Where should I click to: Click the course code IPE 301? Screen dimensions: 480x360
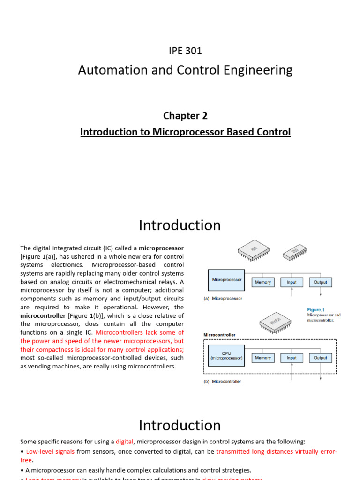(185, 51)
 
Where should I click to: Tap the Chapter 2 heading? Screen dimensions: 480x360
(185, 115)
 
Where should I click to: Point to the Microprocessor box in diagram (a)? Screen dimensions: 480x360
(227, 282)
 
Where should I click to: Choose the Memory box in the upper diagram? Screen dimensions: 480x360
(263, 282)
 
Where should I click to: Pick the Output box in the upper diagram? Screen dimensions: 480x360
(321, 282)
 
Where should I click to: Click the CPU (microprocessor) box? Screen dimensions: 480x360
(227, 358)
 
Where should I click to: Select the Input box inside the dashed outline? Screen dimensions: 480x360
(292, 358)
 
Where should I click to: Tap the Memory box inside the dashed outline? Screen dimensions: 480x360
(263, 358)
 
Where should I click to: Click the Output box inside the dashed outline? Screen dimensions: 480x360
(321, 358)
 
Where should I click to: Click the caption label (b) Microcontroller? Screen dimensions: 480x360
(222, 381)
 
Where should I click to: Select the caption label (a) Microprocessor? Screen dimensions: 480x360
(222, 298)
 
